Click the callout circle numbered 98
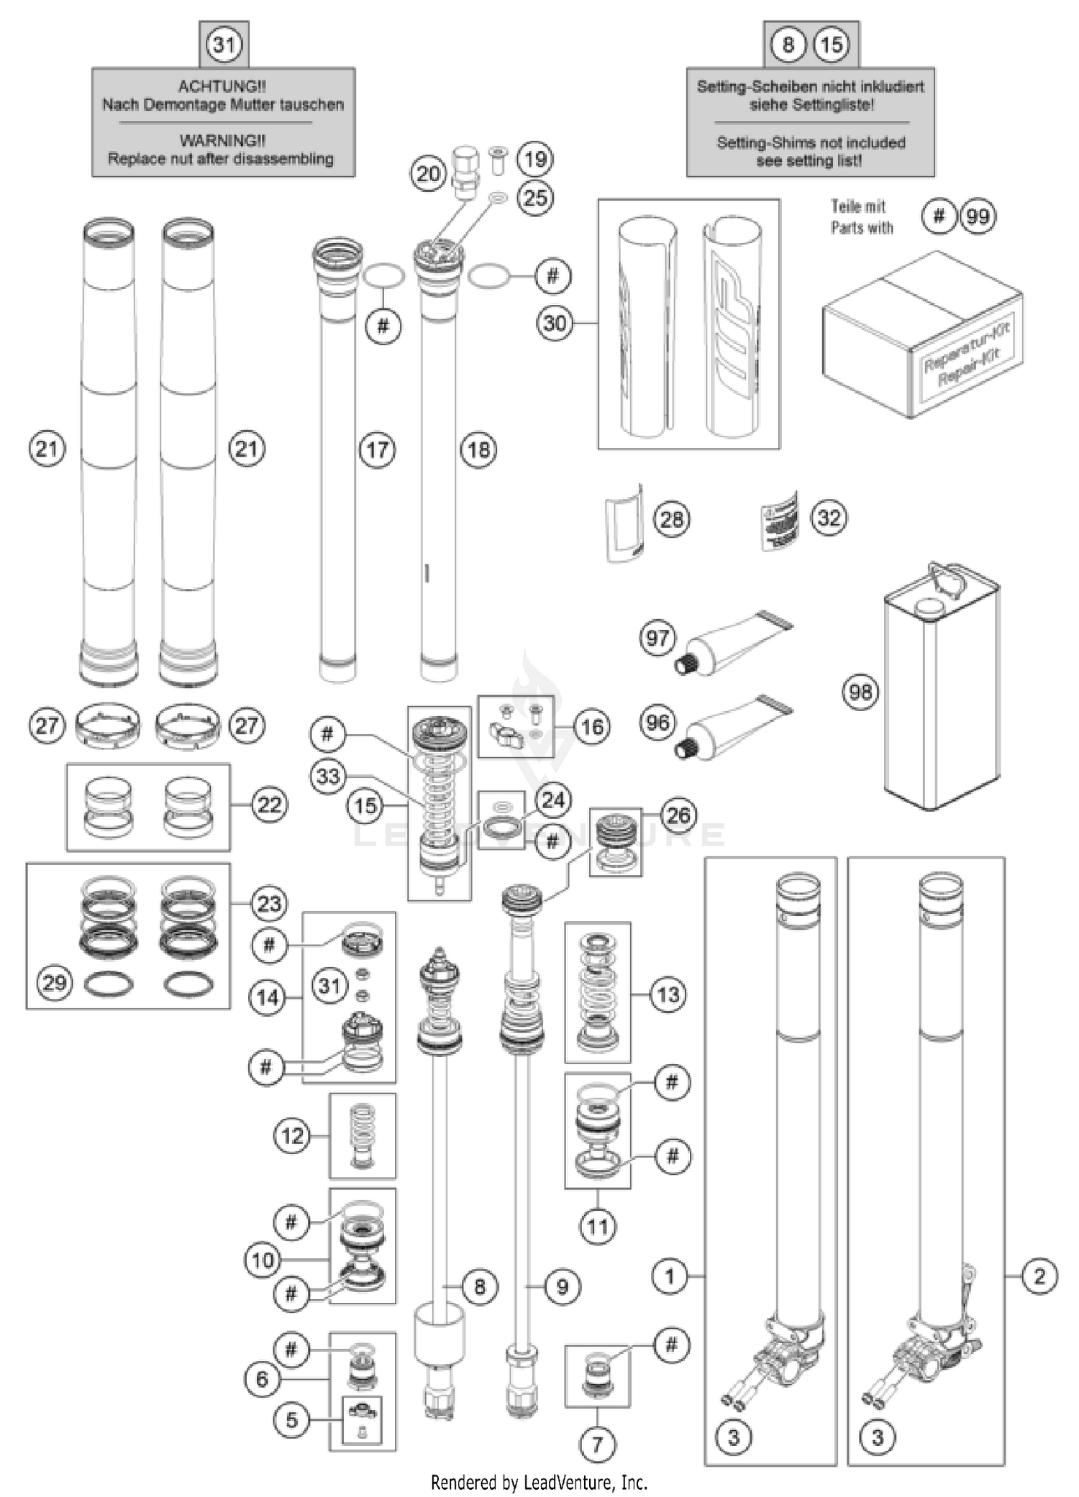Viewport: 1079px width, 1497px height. [860, 692]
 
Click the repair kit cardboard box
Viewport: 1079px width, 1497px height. [922, 334]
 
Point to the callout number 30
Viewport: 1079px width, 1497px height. [555, 323]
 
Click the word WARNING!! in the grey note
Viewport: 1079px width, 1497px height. [222, 140]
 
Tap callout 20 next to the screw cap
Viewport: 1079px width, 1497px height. [429, 173]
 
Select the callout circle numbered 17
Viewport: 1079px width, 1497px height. [378, 450]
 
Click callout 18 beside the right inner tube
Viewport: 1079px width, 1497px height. [479, 450]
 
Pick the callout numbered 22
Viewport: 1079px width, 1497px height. [269, 805]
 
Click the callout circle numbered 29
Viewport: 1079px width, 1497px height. [55, 982]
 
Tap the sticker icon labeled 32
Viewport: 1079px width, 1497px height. [780, 521]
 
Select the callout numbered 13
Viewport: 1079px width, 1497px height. [668, 995]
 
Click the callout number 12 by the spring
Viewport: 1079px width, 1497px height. [292, 1136]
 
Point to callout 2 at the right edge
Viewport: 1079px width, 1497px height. [1039, 1276]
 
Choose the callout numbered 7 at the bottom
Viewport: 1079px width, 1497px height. [597, 1444]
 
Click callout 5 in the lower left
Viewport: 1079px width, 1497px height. [291, 1419]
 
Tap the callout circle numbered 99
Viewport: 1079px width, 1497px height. [978, 216]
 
